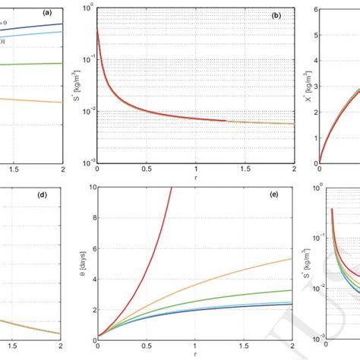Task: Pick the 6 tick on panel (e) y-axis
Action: click(x=92, y=246)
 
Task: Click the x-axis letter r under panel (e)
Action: click(x=196, y=356)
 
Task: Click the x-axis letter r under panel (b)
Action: click(x=196, y=178)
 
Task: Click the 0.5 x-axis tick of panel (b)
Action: click(x=147, y=169)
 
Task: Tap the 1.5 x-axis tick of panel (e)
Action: click(x=245, y=348)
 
